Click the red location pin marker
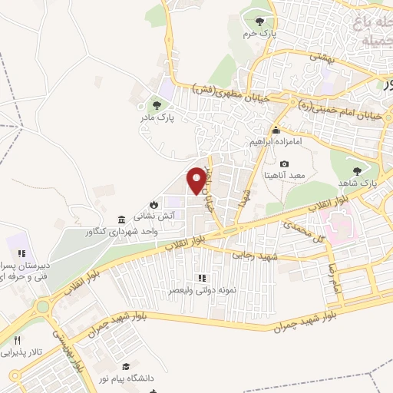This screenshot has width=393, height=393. (x=196, y=181)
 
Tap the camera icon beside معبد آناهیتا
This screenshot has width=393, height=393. (x=284, y=163)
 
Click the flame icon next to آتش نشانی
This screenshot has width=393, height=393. (x=154, y=204)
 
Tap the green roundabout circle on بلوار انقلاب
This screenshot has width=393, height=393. (x=42, y=308)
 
